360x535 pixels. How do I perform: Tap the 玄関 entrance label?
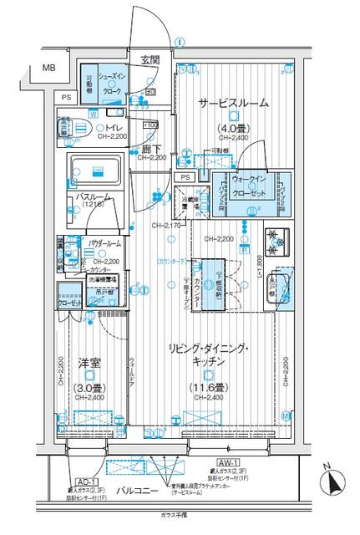(150, 59)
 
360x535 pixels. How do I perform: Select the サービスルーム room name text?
(233, 103)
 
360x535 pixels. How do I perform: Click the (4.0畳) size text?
(233, 129)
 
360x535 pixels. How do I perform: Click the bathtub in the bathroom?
(95, 173)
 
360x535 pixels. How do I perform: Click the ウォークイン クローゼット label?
(251, 184)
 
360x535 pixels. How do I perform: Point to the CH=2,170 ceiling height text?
(167, 226)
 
